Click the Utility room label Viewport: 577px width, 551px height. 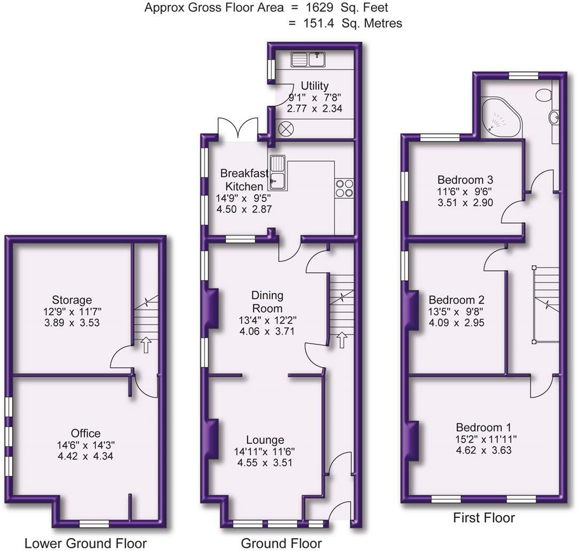point(314,86)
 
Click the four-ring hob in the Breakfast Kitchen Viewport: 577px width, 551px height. point(344,188)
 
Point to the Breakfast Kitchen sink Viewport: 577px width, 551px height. point(278,172)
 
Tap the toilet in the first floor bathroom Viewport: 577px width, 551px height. point(542,95)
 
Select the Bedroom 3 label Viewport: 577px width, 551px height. point(464,179)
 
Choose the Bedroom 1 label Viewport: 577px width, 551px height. point(483,427)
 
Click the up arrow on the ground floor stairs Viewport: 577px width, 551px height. point(341,340)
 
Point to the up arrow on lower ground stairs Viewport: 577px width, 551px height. point(145,345)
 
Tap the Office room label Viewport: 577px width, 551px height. point(85,433)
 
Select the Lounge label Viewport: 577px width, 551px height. point(265,440)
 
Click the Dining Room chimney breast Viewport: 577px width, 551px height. point(212,308)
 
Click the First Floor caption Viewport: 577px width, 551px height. point(484,517)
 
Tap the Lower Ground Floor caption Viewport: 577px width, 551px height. point(85,544)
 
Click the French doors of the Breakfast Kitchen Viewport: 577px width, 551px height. point(237,130)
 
